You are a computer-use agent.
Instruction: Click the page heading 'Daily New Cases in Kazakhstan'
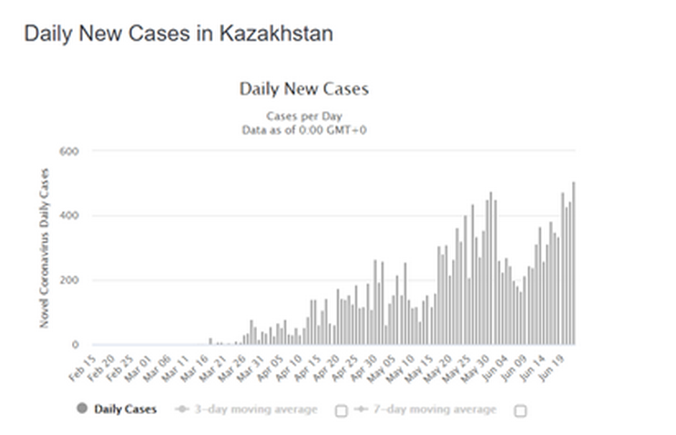(x=178, y=35)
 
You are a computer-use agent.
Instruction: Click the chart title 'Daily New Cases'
(x=303, y=89)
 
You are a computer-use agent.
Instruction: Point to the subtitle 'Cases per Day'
(x=303, y=116)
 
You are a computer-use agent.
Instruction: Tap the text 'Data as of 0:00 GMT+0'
(x=303, y=130)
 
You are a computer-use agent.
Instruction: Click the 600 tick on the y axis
(x=70, y=151)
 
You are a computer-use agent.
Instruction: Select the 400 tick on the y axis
(x=70, y=216)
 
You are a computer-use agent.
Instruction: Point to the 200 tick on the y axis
(x=70, y=280)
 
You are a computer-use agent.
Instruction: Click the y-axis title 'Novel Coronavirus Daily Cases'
(x=44, y=248)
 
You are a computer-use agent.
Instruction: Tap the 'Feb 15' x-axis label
(x=81, y=363)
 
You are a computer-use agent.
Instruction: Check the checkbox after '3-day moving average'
(x=341, y=410)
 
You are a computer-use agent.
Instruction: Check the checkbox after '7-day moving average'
(x=520, y=410)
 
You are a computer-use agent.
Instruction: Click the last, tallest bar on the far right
(x=573, y=264)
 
